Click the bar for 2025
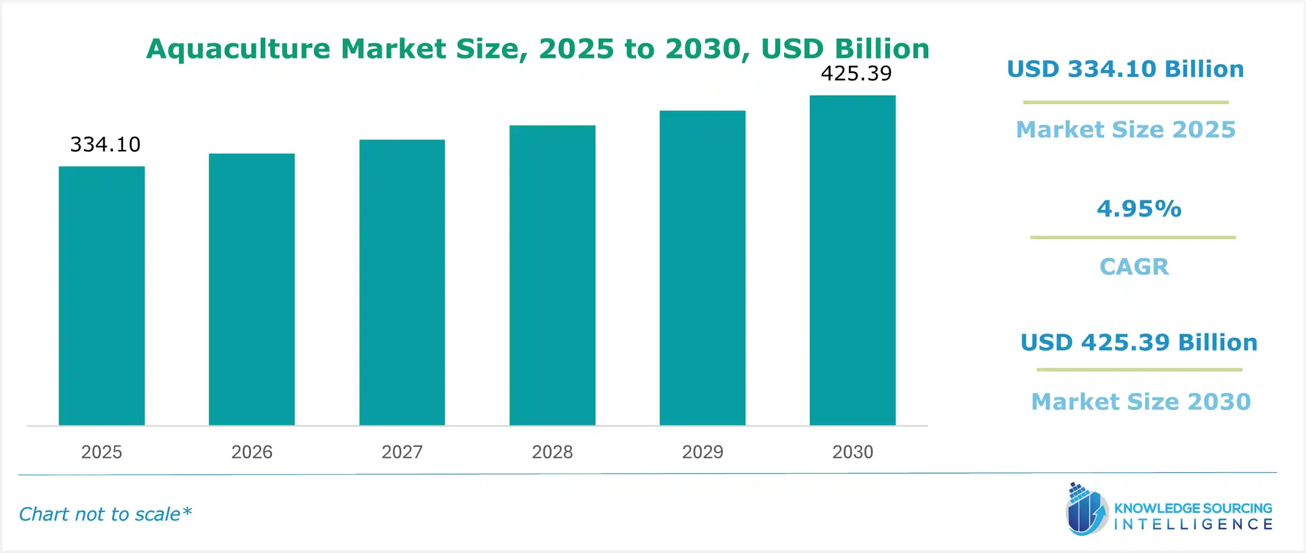[101, 296]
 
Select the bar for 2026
[252, 289]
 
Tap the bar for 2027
[402, 283]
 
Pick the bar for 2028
[552, 275]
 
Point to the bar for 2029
[702, 268]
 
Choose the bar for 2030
[853, 260]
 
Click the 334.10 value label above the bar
[105, 145]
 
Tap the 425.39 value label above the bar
[856, 74]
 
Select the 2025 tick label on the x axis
[101, 452]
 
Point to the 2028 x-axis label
[552, 452]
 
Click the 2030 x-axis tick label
[853, 452]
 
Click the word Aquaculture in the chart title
[238, 49]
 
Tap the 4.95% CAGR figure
[1139, 209]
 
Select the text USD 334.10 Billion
[1125, 69]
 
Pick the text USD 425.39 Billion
[1139, 343]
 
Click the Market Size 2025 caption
[1126, 130]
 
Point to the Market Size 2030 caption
[1141, 402]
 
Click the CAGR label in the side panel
[1134, 267]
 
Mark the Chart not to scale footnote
[105, 514]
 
